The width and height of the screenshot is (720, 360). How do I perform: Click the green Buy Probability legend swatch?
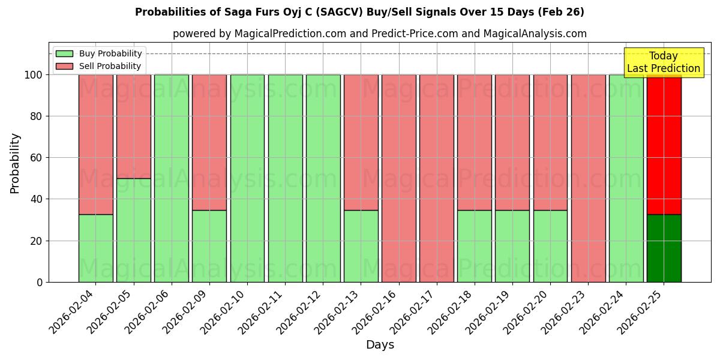(64, 54)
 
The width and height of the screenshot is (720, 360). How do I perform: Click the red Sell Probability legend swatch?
(64, 67)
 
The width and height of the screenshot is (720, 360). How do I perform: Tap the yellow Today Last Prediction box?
(663, 62)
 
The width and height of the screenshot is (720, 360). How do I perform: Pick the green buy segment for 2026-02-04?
(95, 248)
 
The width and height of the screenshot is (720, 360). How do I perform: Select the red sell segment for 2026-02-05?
(133, 126)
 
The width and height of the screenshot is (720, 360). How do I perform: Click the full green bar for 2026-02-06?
(172, 178)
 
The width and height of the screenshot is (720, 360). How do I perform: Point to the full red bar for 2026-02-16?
(399, 178)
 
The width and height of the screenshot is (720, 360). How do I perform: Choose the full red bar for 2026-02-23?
(588, 178)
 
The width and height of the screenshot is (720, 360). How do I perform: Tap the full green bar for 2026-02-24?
(626, 178)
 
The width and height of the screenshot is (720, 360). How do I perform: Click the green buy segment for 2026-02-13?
(361, 246)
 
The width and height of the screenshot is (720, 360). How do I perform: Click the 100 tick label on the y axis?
(32, 75)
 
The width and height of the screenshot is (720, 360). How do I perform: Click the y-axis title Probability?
(15, 163)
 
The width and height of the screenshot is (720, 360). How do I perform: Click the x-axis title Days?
(380, 345)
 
